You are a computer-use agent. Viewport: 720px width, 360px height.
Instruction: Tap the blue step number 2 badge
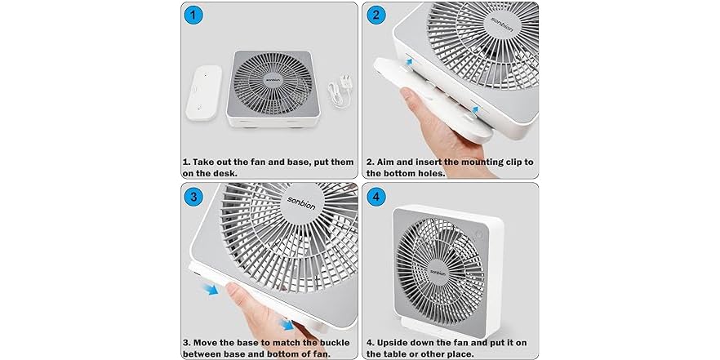point(377,15)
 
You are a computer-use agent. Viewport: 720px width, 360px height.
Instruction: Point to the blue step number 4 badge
point(377,197)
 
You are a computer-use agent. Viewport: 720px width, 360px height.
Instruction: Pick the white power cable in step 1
point(336,90)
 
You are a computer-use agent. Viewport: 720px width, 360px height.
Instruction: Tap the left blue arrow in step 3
point(211,290)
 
